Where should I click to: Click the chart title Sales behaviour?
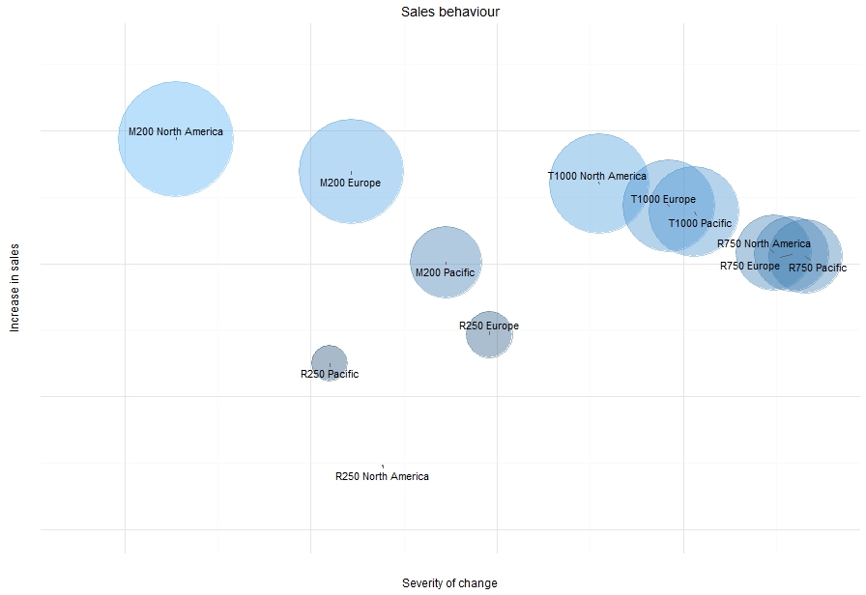coord(450,12)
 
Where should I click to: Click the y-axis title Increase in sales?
coord(14,284)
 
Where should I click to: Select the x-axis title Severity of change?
coord(449,583)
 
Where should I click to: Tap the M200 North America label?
coord(176,131)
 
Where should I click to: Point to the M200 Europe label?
coord(350,183)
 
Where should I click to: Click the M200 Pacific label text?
coord(445,272)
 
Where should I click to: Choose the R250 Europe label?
coord(488,326)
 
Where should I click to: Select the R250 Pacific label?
coord(329,374)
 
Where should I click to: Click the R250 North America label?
coord(382,476)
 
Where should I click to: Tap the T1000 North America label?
coord(596,176)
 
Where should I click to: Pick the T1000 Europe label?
coord(663,199)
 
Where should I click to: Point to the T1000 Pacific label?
coord(700,223)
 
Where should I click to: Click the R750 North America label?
coord(764,243)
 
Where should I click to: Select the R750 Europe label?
coord(749,266)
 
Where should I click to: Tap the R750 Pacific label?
coord(817,268)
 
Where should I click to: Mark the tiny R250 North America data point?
coord(383,466)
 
